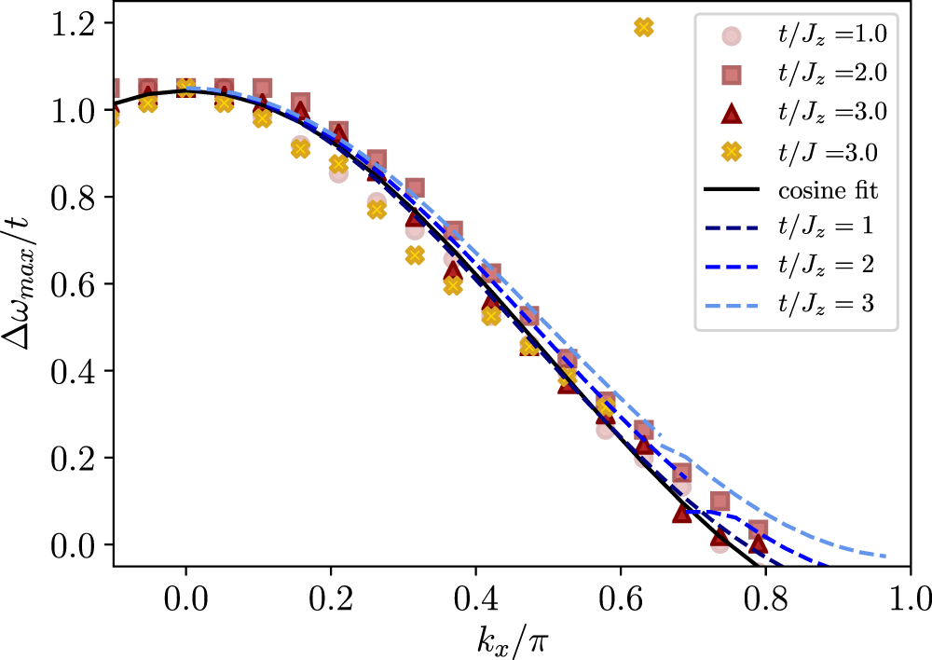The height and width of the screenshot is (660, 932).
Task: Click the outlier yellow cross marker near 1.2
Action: point(643,27)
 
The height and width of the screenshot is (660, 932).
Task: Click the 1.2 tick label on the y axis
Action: point(80,23)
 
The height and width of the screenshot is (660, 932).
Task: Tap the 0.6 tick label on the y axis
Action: point(80,283)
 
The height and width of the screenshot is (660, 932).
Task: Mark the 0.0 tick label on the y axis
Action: point(80,544)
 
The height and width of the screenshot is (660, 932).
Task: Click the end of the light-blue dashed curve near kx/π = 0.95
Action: point(885,557)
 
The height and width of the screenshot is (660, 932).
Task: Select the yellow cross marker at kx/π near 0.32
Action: point(416,254)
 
